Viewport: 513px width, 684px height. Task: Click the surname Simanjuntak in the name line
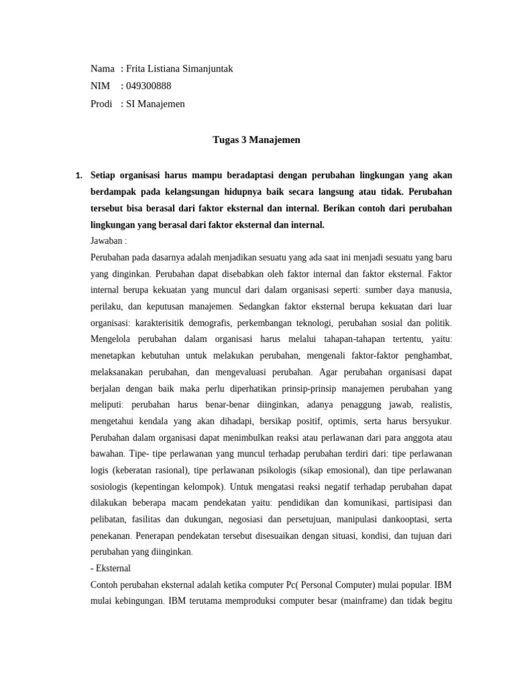[204, 69]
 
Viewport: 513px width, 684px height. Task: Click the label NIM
[100, 86]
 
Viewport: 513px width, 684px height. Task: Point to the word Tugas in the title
[225, 140]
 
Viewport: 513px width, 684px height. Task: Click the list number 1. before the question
[79, 176]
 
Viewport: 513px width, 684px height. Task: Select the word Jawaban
[106, 241]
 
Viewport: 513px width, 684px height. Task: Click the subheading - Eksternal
[110, 568]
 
